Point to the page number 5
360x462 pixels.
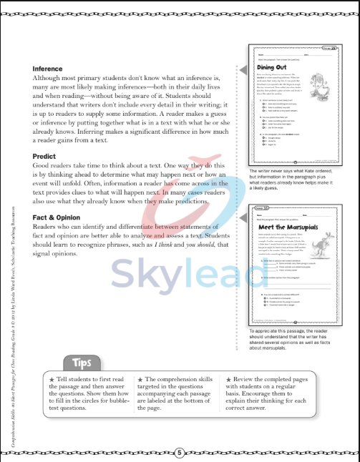tap(180, 452)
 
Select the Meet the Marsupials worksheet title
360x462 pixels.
tap(286, 227)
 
